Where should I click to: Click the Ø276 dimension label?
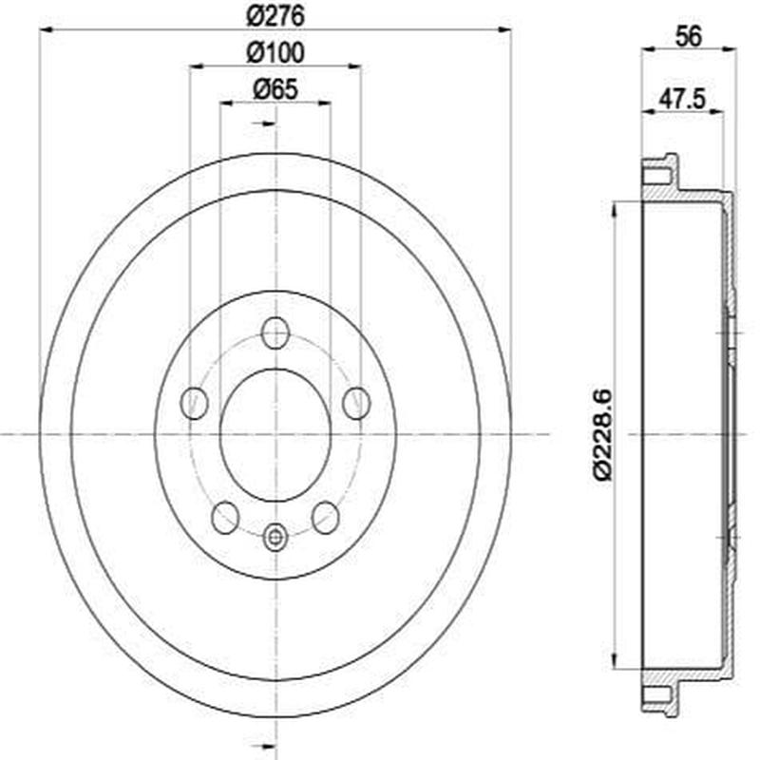point(275,15)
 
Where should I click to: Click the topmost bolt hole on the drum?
point(275,332)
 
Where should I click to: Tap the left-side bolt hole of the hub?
point(195,403)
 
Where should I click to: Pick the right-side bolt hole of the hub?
point(356,403)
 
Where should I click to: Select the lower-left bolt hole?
point(225,518)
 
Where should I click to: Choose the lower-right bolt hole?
point(326,518)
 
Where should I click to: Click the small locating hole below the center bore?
point(275,538)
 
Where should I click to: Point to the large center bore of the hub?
point(275,434)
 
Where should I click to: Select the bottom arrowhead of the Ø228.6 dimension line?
point(619,663)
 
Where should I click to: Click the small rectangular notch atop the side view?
point(656,176)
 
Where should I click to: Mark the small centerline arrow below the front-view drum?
point(267,746)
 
